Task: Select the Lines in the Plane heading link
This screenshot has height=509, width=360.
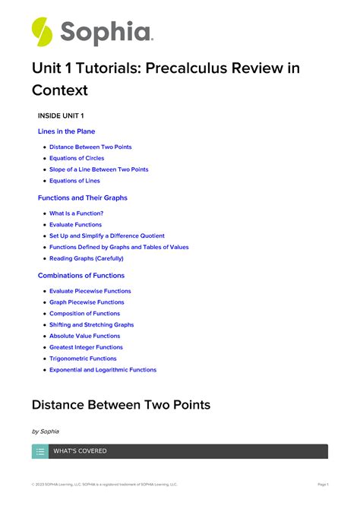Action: pyautogui.click(x=67, y=131)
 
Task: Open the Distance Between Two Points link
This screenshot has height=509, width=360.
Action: pyautogui.click(x=90, y=147)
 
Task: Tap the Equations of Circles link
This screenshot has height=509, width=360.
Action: pyautogui.click(x=77, y=158)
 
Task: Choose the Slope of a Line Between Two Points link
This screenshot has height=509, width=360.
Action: pyautogui.click(x=99, y=169)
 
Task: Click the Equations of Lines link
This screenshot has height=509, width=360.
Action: pyautogui.click(x=74, y=181)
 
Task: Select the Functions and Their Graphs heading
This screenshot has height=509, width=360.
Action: pyautogui.click(x=83, y=198)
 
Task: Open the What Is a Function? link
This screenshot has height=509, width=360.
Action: pyautogui.click(x=76, y=213)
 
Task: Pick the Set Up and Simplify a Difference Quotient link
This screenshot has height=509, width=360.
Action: pyautogui.click(x=106, y=236)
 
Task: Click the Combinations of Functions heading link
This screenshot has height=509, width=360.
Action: pyautogui.click(x=81, y=275)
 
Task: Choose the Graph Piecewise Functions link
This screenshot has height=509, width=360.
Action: pyautogui.click(x=87, y=302)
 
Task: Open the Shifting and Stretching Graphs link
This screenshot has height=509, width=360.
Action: pyautogui.click(x=91, y=324)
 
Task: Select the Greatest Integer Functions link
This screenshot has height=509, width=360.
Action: pyautogui.click(x=86, y=347)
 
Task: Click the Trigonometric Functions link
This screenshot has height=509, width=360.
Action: pyautogui.click(x=83, y=359)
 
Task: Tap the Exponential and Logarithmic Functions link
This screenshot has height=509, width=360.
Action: pyautogui.click(x=103, y=370)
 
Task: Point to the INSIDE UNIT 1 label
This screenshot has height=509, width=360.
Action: pyautogui.click(x=61, y=115)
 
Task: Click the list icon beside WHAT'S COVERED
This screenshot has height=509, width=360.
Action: pyautogui.click(x=40, y=451)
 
